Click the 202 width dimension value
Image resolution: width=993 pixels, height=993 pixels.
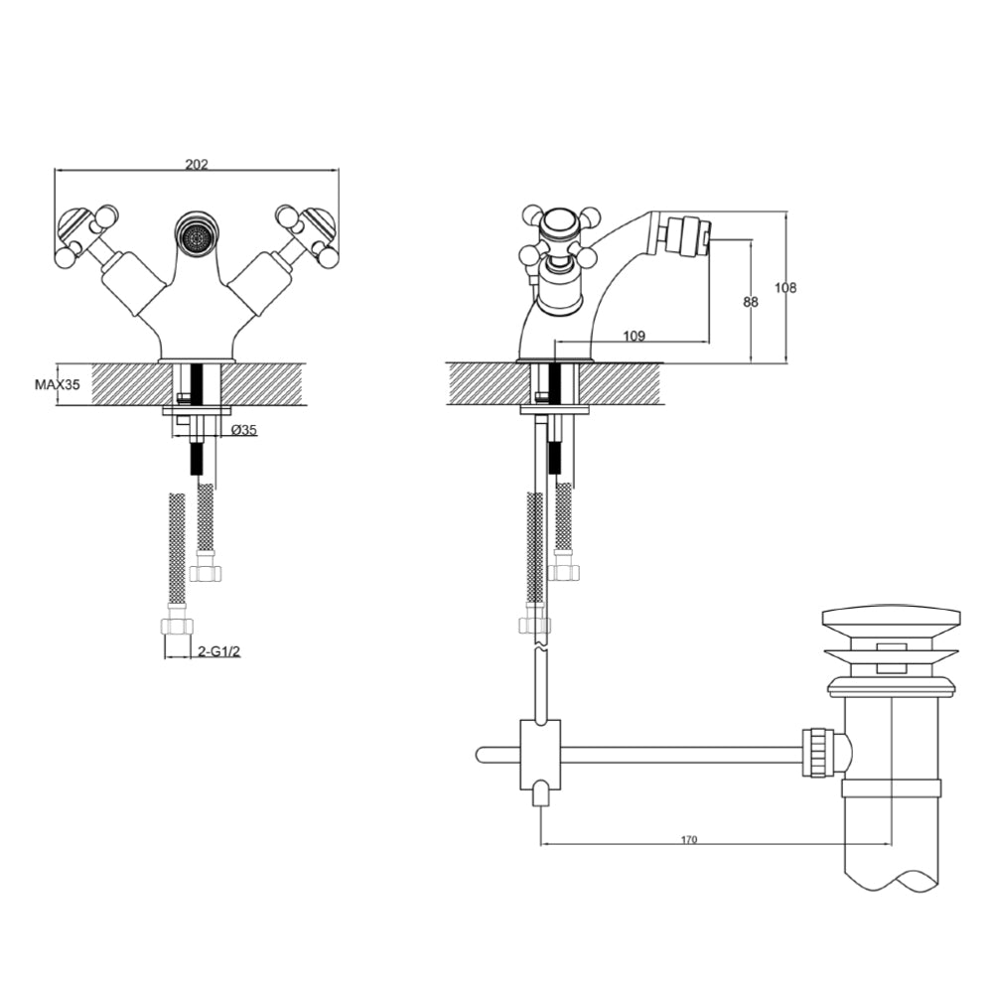pos(197,165)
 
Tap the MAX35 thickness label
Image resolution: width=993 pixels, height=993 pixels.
pos(57,384)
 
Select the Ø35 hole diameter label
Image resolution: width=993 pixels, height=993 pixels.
pos(243,430)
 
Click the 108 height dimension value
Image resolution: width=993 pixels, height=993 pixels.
pos(785,288)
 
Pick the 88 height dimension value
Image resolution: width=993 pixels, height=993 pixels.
pos(751,302)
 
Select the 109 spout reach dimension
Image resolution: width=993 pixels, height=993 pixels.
pos(635,337)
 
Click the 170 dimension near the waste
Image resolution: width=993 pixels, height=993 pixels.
pos(689,840)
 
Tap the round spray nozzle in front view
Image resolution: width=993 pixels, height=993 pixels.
pos(197,235)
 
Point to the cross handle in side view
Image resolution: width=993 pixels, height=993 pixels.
pos(561,237)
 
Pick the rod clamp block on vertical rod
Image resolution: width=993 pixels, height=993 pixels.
pos(539,754)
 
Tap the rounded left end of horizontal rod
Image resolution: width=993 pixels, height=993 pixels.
pos(482,755)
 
